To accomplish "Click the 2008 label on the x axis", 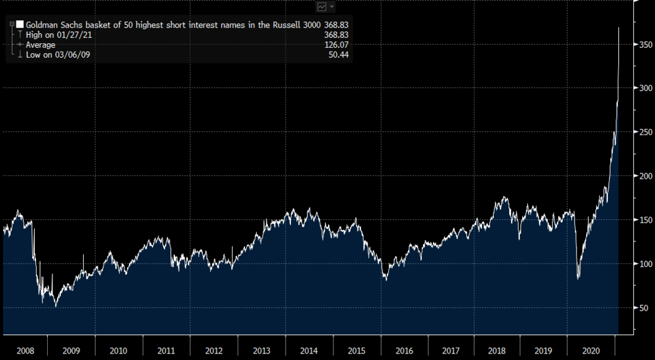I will [24, 350].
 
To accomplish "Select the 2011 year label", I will [166, 350].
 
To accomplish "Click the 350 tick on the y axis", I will [645, 44].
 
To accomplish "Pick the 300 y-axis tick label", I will [645, 88].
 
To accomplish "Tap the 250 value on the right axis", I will [645, 132].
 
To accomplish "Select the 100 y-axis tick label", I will [645, 264].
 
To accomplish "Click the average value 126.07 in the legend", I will [337, 45].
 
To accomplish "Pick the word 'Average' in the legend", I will [41, 45].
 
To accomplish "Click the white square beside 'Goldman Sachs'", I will [20, 24].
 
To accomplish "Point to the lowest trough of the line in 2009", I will [56, 306].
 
